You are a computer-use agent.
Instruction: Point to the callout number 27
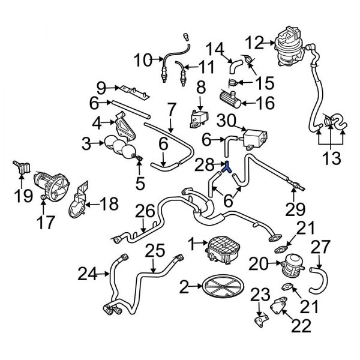[x=320, y=247]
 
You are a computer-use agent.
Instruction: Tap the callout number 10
[x=142, y=60]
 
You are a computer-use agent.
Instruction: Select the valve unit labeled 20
[x=293, y=262]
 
